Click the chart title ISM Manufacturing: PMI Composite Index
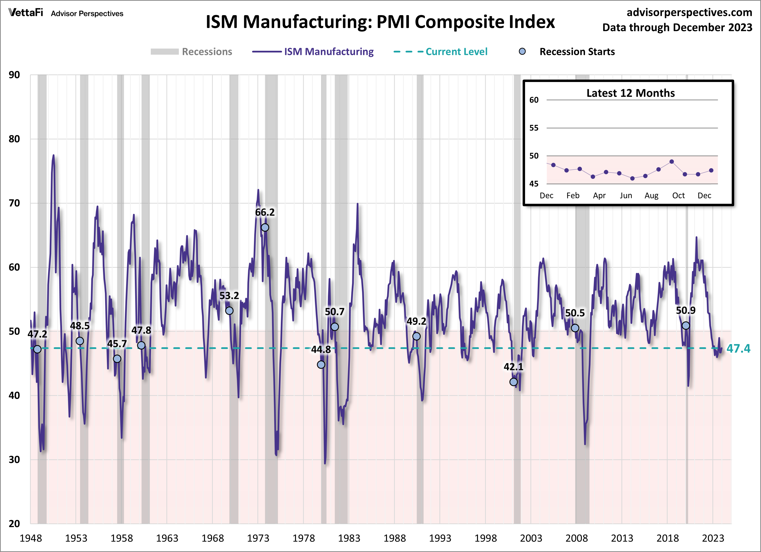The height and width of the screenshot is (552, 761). click(x=380, y=22)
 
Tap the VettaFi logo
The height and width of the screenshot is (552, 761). click(x=26, y=13)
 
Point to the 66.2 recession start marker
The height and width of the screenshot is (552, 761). click(x=265, y=227)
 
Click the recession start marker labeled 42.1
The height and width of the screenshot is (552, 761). click(x=513, y=382)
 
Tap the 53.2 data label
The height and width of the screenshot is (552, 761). click(x=229, y=296)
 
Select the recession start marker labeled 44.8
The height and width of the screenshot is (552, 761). click(x=321, y=364)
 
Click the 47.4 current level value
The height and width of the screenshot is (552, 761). click(x=738, y=349)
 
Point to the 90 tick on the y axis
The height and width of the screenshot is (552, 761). click(x=14, y=75)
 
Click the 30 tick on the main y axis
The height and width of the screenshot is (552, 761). click(x=14, y=459)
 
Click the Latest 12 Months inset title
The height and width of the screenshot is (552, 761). click(x=630, y=93)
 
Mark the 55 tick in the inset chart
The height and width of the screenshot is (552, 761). click(x=534, y=128)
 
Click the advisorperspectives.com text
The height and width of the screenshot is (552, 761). click(x=689, y=12)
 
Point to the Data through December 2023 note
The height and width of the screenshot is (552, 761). click(x=677, y=28)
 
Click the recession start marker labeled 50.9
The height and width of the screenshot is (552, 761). click(x=686, y=326)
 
